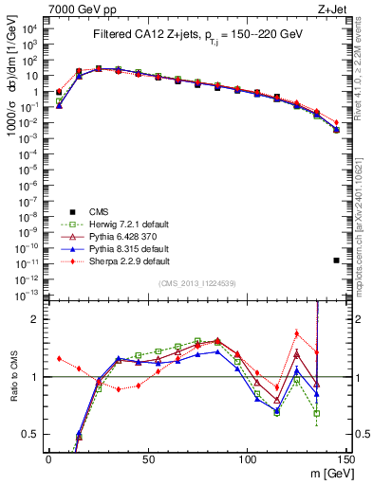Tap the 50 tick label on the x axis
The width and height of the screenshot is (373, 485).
[x=148, y=458]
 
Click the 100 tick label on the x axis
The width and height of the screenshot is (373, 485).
[x=247, y=458]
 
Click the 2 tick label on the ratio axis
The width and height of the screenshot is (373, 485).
[x=36, y=319]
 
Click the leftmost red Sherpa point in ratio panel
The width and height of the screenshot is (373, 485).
[x=59, y=359]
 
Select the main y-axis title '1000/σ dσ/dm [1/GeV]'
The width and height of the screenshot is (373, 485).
[x=12, y=85]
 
